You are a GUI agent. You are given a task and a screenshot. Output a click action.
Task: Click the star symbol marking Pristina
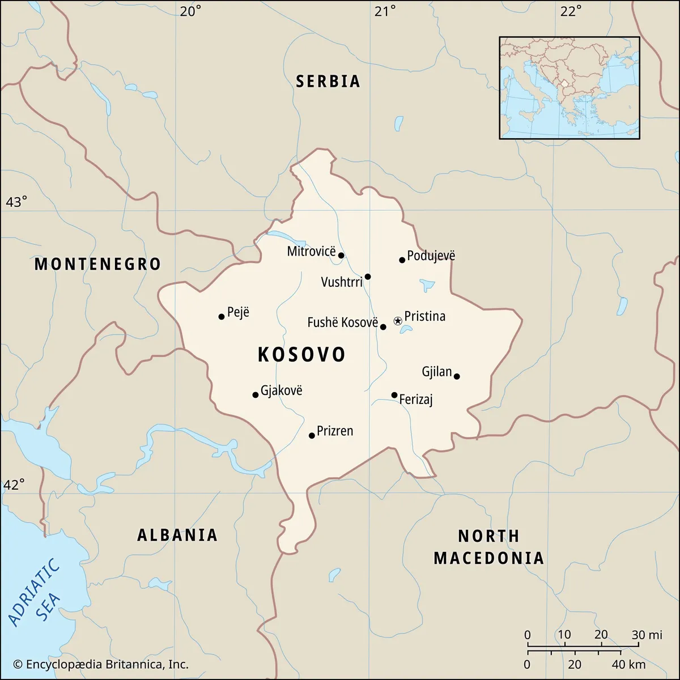[398, 321]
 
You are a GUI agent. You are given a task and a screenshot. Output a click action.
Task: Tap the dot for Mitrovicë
[341, 256]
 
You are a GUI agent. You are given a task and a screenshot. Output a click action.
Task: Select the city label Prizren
[334, 431]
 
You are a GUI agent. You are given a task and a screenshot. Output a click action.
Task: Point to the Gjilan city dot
[457, 376]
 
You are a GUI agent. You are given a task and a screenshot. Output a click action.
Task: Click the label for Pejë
[238, 312]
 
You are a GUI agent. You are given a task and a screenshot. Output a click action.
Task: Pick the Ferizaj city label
[416, 399]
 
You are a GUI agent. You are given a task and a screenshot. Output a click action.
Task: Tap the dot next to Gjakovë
[256, 395]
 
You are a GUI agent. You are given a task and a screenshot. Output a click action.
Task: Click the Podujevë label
[431, 256]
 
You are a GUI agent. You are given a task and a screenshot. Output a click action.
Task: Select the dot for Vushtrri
[368, 277]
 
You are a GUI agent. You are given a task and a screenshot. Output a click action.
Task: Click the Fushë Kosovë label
[342, 322]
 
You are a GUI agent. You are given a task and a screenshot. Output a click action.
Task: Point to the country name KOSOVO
[301, 355]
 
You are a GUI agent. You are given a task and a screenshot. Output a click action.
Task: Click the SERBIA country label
[328, 82]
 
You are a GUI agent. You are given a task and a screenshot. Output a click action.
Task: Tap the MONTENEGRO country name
[97, 264]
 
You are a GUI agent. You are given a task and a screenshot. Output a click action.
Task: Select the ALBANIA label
[177, 535]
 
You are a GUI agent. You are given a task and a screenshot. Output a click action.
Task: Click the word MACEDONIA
[488, 558]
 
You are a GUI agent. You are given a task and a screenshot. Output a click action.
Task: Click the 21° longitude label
[385, 11]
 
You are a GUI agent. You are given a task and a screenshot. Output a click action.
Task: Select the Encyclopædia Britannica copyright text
[101, 665]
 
